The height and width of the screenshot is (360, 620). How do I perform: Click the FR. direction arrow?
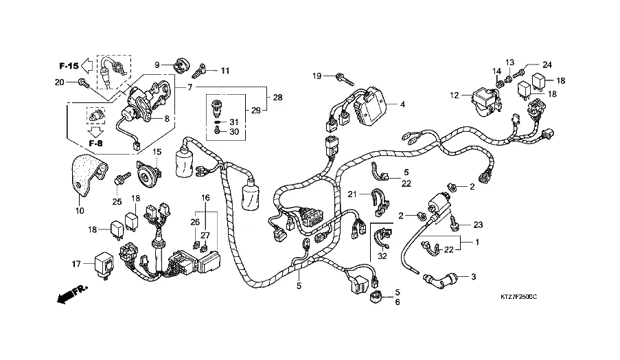pyautogui.click(x=72, y=294)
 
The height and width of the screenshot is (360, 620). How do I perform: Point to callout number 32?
pyautogui.click(x=382, y=255)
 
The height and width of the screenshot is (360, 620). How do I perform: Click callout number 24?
pyautogui.click(x=547, y=65)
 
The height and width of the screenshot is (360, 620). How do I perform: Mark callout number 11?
pyautogui.click(x=225, y=70)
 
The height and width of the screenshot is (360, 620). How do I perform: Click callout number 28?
pyautogui.click(x=277, y=98)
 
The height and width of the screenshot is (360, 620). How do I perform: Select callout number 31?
pyautogui.click(x=233, y=122)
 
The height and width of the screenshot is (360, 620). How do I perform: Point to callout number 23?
pyautogui.click(x=478, y=224)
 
